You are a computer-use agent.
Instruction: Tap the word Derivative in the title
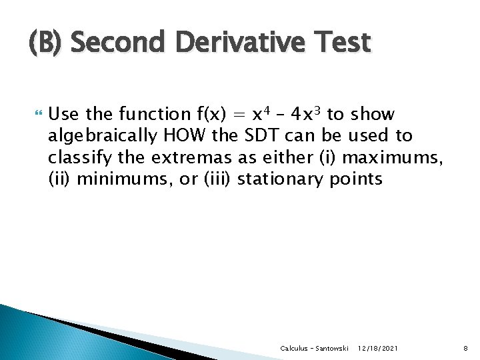point(227,43)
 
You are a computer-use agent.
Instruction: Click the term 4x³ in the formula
point(307,114)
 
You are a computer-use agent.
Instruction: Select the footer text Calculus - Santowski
point(314,349)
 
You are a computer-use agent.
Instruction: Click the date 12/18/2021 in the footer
point(379,349)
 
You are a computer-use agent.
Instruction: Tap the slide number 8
point(465,349)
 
